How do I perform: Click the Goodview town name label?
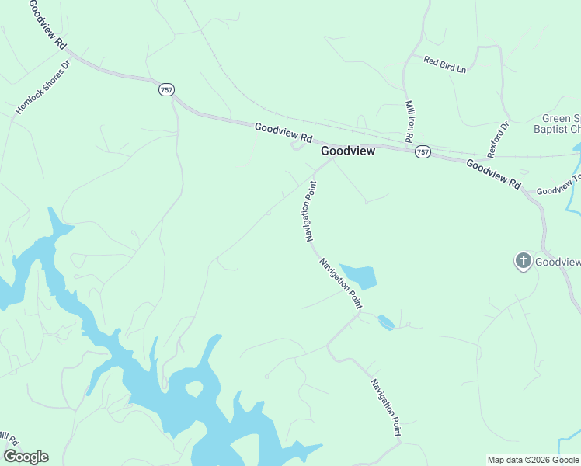pos(348,151)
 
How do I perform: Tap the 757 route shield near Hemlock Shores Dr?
pos(166,89)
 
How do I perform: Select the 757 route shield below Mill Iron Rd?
pos(422,151)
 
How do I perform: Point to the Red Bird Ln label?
pos(445,64)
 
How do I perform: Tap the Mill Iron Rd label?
pos(409,120)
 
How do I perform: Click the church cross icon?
pos(524,261)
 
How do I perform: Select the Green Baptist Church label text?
pos(561,124)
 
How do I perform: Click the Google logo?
pos(26,457)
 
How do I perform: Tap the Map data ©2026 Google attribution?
pos(534,460)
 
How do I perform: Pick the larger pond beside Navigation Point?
pos(360,276)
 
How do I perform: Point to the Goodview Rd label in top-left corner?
pos(48,26)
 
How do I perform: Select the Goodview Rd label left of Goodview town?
pos(283,132)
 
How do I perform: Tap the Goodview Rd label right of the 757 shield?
pos(493,172)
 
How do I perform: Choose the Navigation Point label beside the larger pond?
pos(341,283)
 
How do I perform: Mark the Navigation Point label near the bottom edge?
pos(385,406)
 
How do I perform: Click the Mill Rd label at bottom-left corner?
pos(8,440)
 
